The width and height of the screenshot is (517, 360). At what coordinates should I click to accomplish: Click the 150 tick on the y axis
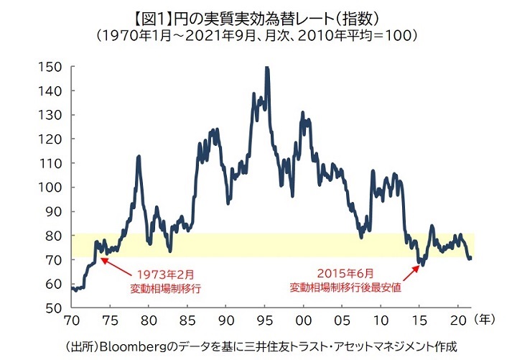[50, 67]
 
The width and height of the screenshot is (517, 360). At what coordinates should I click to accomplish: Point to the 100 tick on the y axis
[50, 188]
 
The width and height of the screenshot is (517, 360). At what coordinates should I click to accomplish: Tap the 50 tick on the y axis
[53, 308]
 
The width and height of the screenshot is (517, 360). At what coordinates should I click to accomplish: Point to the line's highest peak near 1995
[267, 68]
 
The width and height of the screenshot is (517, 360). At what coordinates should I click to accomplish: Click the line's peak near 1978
[139, 156]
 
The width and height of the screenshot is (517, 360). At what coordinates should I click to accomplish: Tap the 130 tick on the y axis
[50, 115]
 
